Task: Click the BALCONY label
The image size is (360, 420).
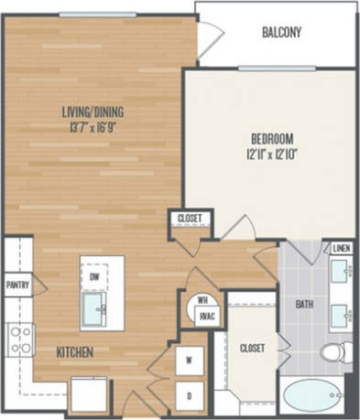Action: [280, 33]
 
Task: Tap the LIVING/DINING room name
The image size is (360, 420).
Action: [93, 113]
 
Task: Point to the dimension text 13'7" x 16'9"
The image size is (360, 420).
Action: [93, 128]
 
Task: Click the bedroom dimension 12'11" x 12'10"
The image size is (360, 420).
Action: [271, 155]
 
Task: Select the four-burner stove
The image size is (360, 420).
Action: [18, 339]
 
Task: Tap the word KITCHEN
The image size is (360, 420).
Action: [75, 351]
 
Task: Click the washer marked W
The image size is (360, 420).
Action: [189, 360]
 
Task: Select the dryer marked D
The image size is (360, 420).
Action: [189, 394]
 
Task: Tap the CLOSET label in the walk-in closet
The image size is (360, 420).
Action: [251, 348]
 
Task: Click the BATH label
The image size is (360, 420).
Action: [304, 304]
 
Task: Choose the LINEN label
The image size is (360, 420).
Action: [340, 248]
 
